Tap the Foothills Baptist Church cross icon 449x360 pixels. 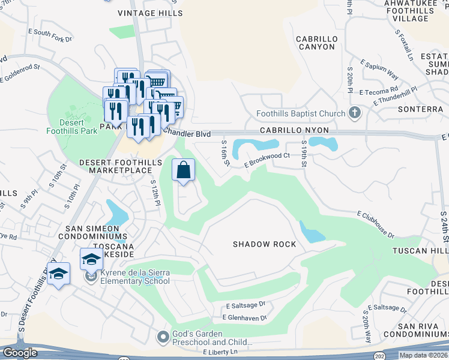tap(355, 113)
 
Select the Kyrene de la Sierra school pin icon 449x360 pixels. tap(91, 277)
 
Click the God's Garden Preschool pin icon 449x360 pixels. tap(163, 338)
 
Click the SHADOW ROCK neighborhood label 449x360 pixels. tap(265, 244)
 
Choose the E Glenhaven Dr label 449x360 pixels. tap(244, 317)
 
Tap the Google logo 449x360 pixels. tap(20, 352)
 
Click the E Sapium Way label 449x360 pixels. tap(379, 68)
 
